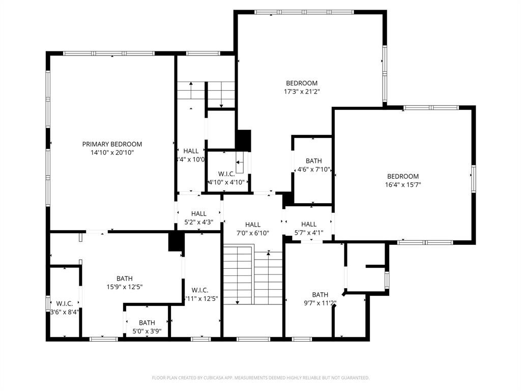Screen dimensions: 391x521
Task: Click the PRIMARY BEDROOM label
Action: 112,144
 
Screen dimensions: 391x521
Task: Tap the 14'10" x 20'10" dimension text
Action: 112,152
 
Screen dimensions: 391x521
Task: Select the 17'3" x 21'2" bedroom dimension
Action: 302,92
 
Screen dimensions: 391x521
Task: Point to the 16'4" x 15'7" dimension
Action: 403,185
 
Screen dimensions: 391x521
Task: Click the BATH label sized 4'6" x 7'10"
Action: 313,161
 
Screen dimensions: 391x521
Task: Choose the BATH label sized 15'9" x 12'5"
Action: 124,278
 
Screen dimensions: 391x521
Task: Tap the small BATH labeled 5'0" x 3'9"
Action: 147,322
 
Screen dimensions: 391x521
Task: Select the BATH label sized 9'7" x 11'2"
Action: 320,295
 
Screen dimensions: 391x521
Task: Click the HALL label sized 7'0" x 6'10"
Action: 253,225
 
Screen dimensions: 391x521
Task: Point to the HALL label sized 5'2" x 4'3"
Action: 199,214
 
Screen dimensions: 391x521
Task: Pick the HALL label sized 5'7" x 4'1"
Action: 309,224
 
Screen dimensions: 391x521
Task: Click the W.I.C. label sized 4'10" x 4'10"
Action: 226,174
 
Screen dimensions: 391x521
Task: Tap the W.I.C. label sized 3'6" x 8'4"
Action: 65,303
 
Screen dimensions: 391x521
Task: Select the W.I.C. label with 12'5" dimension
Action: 200,290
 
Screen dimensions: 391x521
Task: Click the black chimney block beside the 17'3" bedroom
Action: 243,140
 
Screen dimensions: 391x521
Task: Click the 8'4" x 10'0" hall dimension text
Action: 190,159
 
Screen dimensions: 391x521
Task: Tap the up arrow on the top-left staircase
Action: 191,91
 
